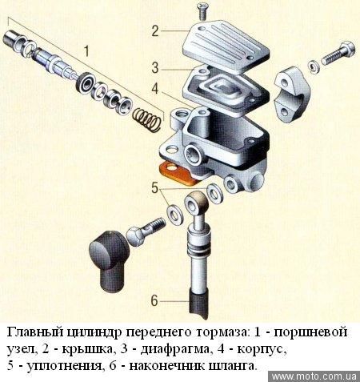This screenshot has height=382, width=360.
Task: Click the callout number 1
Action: coord(86,51)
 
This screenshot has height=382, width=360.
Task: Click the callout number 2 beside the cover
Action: coord(155,31)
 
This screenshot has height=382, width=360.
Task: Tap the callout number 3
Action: coord(155,67)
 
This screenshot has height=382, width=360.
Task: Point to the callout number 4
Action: coord(155,88)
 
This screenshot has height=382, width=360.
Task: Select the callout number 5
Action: coord(155,187)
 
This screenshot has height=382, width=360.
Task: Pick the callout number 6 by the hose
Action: coord(154,301)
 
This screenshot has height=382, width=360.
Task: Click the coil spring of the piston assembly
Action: coord(147,119)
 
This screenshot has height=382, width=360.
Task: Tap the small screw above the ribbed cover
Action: coord(202,11)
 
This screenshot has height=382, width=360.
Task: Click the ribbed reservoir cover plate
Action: coord(226,46)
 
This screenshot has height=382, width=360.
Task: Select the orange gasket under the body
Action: coord(178,173)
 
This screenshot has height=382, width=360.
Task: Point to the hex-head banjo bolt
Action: coord(146,230)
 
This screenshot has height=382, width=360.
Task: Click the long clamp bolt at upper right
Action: coord(338,53)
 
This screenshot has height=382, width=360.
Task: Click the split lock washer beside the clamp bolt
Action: coord(313,66)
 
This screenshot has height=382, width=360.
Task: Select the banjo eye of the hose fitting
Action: coord(197,204)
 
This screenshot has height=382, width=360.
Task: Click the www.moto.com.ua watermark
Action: coord(314,376)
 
